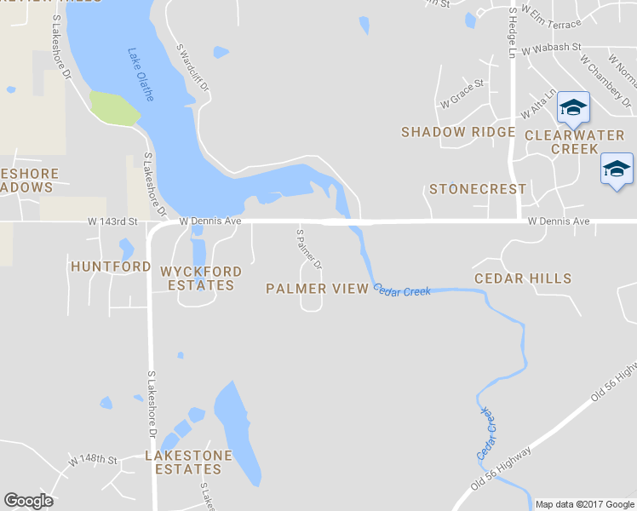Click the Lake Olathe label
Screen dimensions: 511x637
tap(141, 74)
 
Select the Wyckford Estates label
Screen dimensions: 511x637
tap(201, 278)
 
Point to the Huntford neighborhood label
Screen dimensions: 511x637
tap(111, 267)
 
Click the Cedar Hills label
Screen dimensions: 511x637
tap(523, 278)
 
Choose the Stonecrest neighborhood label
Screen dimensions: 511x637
tap(478, 189)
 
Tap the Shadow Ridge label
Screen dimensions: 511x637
tap(458, 132)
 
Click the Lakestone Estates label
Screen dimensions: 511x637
tap(188, 462)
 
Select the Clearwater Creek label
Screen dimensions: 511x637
tap(575, 142)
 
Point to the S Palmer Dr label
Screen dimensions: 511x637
tap(309, 249)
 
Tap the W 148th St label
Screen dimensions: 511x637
tap(93, 460)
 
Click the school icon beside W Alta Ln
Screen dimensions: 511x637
tap(573, 107)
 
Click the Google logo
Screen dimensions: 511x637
tap(28, 501)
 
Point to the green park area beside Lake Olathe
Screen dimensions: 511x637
tap(114, 108)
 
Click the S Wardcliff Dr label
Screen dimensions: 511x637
tap(192, 69)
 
